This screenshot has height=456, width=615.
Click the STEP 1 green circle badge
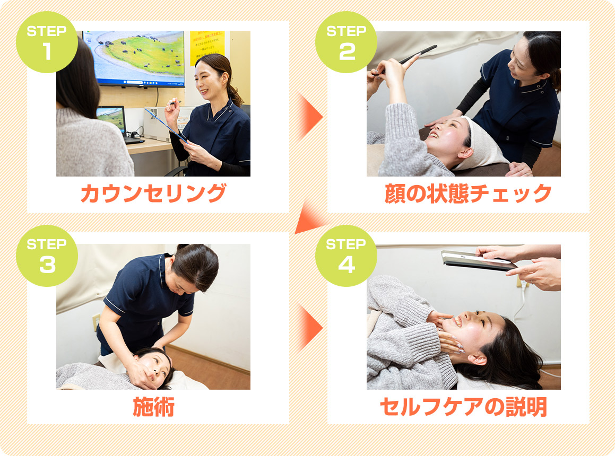coord(47,42)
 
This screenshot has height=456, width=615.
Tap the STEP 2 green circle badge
coord(347,42)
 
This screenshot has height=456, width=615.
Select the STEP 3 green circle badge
coord(47,256)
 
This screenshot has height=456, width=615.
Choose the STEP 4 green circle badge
coord(347,256)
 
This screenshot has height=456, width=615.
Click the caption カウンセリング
coord(153,194)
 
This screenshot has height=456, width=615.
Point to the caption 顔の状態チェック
coord(468,194)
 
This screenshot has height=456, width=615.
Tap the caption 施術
coord(153,407)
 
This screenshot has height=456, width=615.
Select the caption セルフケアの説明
coord(463,407)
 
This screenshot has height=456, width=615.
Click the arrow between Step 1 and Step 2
coord(310,117)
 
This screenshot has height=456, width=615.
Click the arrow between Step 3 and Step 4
coord(310,327)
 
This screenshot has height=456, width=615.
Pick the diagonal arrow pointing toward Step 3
coord(310,218)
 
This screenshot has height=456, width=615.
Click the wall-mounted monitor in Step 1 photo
coord(134,58)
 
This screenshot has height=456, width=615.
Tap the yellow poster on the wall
coord(207,48)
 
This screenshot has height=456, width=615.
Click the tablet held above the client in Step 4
coord(479,261)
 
